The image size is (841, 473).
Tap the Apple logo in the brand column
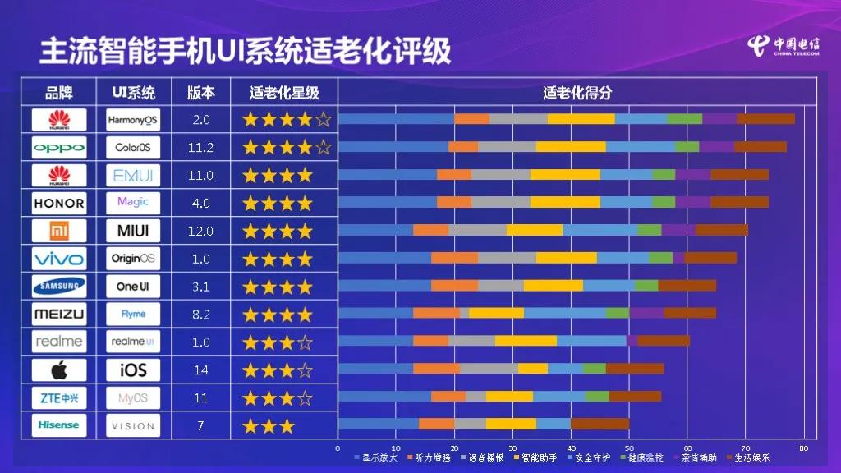click(58, 370)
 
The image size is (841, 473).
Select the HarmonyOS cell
click(133, 120)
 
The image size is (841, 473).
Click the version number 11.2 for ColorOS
click(201, 148)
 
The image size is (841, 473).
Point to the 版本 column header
click(201, 92)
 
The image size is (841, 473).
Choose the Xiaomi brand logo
click(58, 231)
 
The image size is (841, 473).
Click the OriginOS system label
click(133, 259)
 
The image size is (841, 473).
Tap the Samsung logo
click(58, 287)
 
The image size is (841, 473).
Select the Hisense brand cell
click(58, 425)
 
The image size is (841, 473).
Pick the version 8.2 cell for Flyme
click(201, 315)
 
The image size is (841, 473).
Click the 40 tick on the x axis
click(572, 448)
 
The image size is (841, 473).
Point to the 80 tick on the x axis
click(804, 448)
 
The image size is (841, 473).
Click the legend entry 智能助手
click(539, 457)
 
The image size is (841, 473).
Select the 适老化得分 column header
click(577, 92)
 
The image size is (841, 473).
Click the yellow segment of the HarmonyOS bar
click(581, 119)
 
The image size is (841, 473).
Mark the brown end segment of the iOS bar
click(635, 369)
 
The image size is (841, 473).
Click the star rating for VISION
click(269, 425)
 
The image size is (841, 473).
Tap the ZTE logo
click(58, 398)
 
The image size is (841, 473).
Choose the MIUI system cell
click(133, 231)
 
